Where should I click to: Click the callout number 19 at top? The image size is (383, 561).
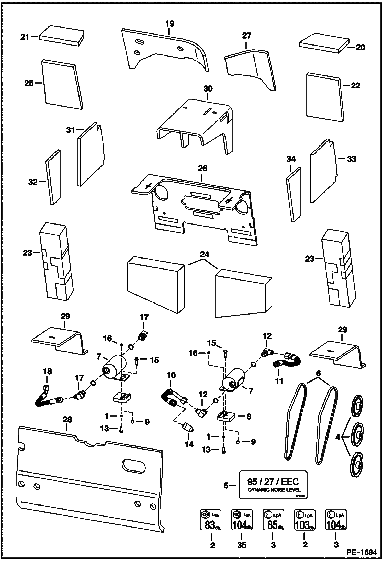tap(170, 24)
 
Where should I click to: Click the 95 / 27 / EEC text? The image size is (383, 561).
tap(273, 482)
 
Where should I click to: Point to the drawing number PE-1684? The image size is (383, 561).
tap(362, 552)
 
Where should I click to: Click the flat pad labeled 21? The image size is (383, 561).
tap(62, 36)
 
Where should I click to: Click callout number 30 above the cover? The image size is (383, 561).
tap(208, 89)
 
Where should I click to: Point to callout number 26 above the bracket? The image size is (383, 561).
tap(202, 168)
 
